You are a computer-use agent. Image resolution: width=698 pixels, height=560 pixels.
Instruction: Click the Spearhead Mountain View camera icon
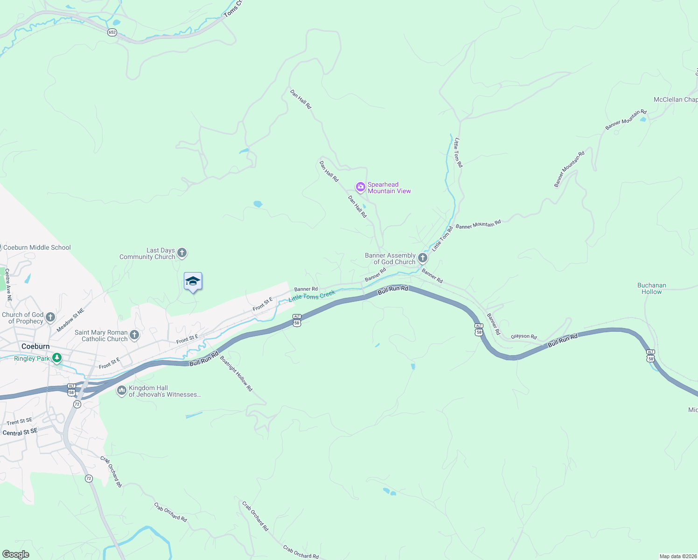point(360,188)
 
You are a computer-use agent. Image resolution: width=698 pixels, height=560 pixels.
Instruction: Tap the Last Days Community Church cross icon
point(182,253)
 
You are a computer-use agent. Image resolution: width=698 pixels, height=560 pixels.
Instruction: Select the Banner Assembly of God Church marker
point(423,258)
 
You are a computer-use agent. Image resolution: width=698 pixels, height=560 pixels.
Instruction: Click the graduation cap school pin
point(193,281)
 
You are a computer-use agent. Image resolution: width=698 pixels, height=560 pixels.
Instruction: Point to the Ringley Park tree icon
point(57,358)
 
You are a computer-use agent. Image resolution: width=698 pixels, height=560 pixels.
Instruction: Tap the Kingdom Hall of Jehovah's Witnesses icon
point(121,391)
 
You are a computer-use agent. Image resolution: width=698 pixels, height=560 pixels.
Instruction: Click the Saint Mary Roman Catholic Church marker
point(134,335)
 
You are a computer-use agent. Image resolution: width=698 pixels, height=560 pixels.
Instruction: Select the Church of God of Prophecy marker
point(50,317)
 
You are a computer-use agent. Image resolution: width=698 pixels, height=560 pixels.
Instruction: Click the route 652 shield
point(112,32)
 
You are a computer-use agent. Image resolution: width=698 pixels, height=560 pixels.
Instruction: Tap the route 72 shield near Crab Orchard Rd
point(89,478)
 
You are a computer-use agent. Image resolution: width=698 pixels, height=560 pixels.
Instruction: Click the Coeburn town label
point(35,346)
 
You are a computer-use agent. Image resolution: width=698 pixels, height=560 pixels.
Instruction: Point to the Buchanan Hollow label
point(651,288)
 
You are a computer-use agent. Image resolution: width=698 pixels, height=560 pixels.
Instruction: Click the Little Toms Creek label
point(312,296)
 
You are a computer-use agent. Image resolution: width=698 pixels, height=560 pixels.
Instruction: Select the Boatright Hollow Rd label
point(236,374)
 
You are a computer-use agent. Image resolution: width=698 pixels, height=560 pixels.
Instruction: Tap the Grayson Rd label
point(523,336)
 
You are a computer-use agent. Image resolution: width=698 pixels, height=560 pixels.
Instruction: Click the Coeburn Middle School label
point(37,247)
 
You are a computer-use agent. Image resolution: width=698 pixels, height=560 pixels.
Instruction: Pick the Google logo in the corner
point(16,554)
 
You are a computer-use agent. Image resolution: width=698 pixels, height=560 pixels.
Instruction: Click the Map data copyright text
point(677,556)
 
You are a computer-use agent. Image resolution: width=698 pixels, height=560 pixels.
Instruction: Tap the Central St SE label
point(20,432)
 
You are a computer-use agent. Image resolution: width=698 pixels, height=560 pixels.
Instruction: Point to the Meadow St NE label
point(70,320)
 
